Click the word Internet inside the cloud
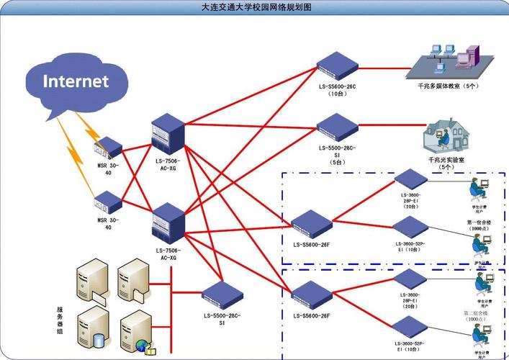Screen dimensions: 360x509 click(x=75, y=80)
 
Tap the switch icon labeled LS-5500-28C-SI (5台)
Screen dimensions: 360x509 click(x=337, y=128)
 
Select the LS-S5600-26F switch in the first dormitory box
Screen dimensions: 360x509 click(x=311, y=223)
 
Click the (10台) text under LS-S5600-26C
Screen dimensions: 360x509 click(x=337, y=94)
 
